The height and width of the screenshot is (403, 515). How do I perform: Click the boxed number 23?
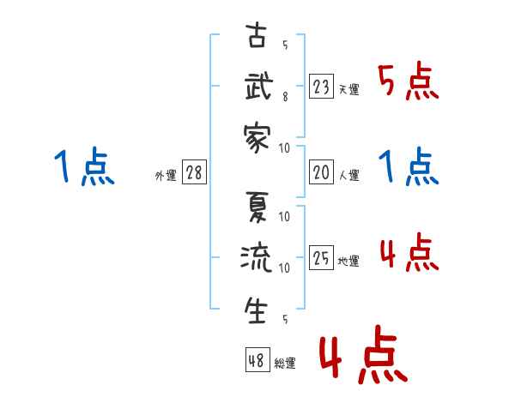coord(321,87)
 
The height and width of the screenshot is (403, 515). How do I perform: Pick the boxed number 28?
coord(194,173)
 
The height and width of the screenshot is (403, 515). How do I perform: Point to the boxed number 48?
coord(257,361)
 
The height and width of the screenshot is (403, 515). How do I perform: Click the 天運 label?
coord(348,89)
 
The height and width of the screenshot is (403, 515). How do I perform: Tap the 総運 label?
coord(285,364)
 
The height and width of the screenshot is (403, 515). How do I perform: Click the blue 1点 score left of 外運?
coord(82,167)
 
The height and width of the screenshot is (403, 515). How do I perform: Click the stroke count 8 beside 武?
coord(285,98)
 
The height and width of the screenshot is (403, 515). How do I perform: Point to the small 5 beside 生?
coord(285,321)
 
